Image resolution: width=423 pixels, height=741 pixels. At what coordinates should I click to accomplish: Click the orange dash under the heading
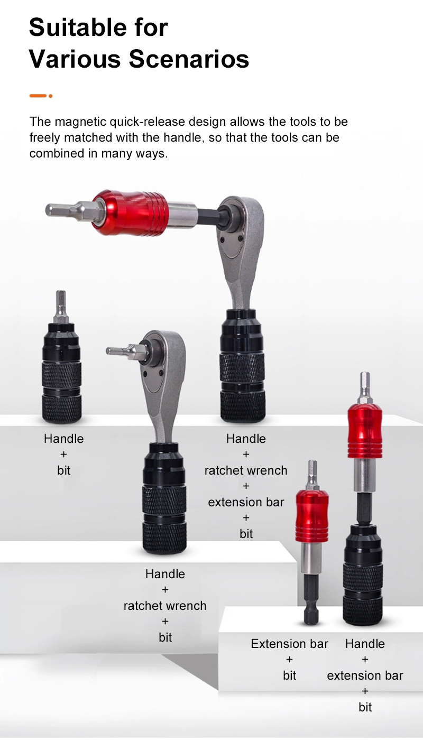pos(38,96)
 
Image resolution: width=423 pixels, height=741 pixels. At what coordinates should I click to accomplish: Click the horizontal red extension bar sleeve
pos(131,212)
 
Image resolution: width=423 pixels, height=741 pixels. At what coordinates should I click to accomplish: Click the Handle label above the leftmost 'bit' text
pos(63,439)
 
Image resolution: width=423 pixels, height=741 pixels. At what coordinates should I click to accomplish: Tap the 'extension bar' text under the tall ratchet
pos(246,502)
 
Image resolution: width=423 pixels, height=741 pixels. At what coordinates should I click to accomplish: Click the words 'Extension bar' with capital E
pos(289,644)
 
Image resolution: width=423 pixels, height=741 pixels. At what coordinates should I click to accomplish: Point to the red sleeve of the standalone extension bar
pos(312,515)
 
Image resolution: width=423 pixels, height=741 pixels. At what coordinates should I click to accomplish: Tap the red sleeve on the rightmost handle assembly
pos(365,431)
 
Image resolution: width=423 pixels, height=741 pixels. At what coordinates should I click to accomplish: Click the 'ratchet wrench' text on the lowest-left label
pos(165,606)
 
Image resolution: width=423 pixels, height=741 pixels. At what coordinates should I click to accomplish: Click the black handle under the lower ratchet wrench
pos(164,498)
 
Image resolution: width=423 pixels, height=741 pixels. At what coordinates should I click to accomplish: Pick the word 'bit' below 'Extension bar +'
pos(289,675)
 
